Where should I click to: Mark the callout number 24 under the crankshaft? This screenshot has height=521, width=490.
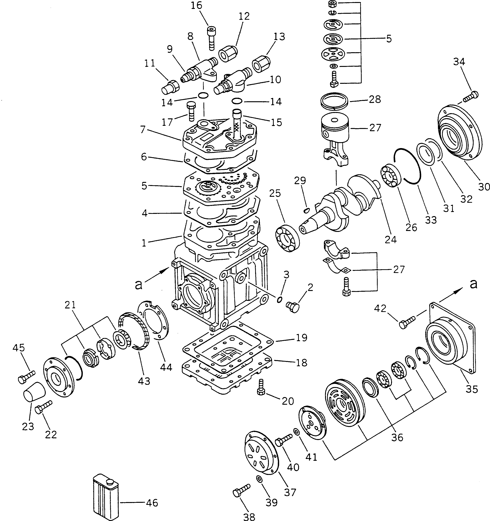point(391,239)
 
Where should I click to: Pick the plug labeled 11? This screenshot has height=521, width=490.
point(170,87)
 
